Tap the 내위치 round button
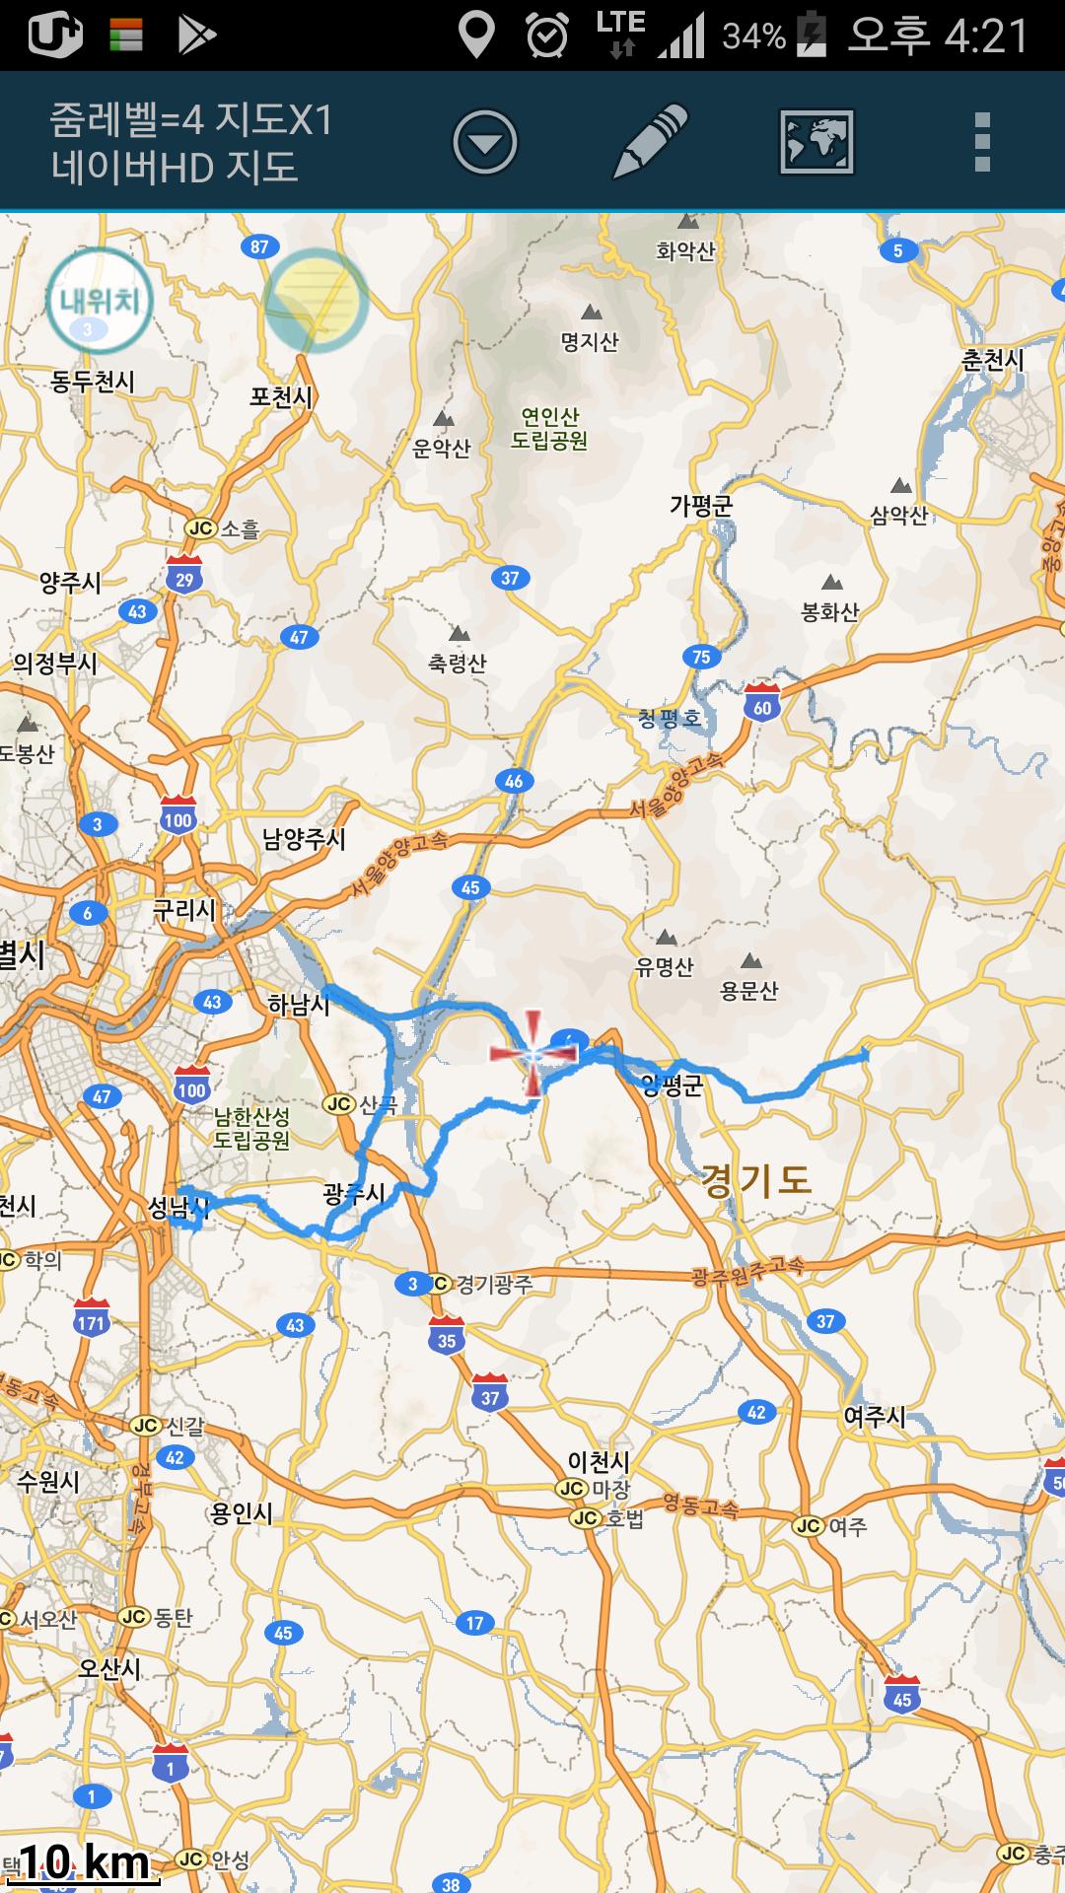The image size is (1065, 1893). [99, 301]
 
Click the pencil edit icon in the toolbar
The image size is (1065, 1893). [650, 142]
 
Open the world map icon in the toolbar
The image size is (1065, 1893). [816, 142]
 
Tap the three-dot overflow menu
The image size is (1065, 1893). [981, 142]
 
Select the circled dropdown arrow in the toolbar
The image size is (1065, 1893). [484, 142]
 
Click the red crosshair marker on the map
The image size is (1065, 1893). [532, 1054]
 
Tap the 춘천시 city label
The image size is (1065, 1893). [992, 360]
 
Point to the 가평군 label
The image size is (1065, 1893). [701, 506]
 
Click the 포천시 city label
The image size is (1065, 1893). [281, 397]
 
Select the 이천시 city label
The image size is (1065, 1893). [598, 1461]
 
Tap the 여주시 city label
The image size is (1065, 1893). [874, 1417]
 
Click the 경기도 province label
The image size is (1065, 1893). [755, 1180]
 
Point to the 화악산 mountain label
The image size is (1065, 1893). [685, 251]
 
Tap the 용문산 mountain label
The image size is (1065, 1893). [749, 990]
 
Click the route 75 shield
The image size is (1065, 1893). [701, 657]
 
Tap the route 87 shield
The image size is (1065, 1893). [259, 246]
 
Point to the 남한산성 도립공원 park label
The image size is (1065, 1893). [252, 1129]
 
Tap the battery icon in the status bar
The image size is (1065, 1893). [812, 35]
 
